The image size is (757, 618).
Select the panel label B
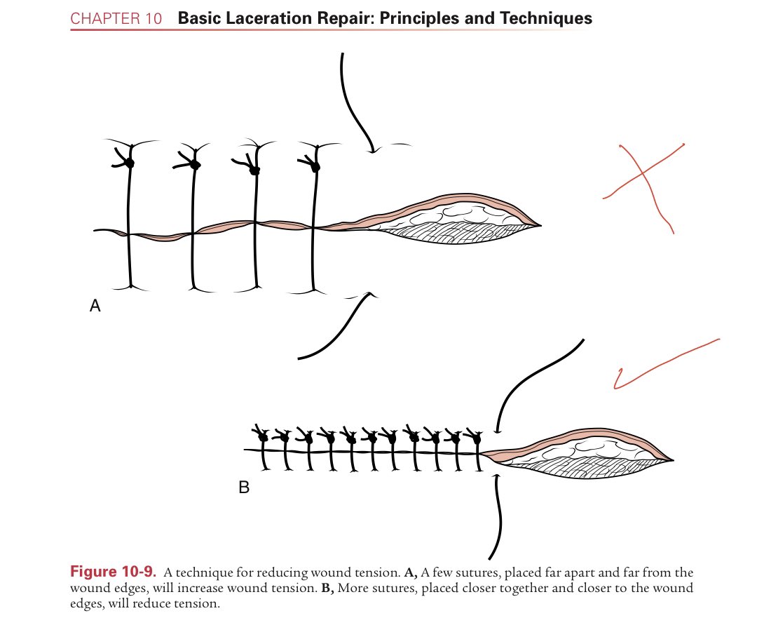pos(244,487)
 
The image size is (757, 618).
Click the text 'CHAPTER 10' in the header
pos(116,18)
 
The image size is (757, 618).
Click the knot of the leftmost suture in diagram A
pos(129,163)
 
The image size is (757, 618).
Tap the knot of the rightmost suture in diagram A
pos(315,167)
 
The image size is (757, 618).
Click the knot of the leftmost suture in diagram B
pos(264,438)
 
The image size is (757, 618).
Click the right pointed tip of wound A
pos(540,225)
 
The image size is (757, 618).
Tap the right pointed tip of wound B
pos(674,460)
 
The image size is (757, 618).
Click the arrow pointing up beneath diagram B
pos(500,512)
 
